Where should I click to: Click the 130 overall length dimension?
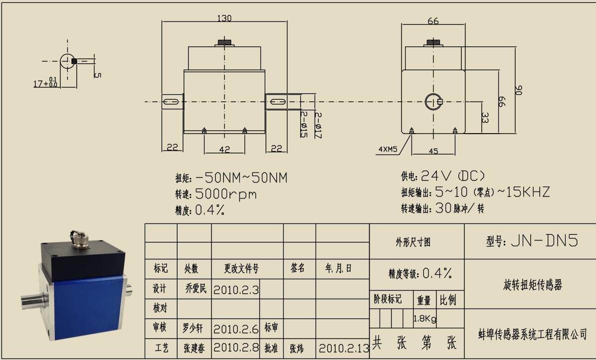coord(224,18)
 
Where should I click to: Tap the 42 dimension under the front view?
coord(224,150)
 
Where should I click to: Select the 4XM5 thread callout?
coord(388,150)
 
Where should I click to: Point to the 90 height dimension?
coord(518,90)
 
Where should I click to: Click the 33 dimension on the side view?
coord(485,118)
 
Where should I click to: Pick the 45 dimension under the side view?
coord(433,151)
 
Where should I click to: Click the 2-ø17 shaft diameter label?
coord(318,125)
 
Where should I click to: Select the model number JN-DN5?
coord(544,241)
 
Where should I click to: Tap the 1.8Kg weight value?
coord(425,319)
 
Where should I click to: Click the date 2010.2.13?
coord(344,348)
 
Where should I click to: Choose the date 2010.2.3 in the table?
coord(236,290)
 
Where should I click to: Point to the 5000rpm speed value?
coord(226,194)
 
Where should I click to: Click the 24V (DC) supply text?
coord(453,176)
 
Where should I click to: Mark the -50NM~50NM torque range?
coord(241,178)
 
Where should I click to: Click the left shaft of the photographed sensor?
coord(34,301)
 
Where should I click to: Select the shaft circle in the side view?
coord(434,102)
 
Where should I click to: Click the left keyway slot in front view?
coord(171,102)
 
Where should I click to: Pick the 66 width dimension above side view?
coord(433,21)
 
